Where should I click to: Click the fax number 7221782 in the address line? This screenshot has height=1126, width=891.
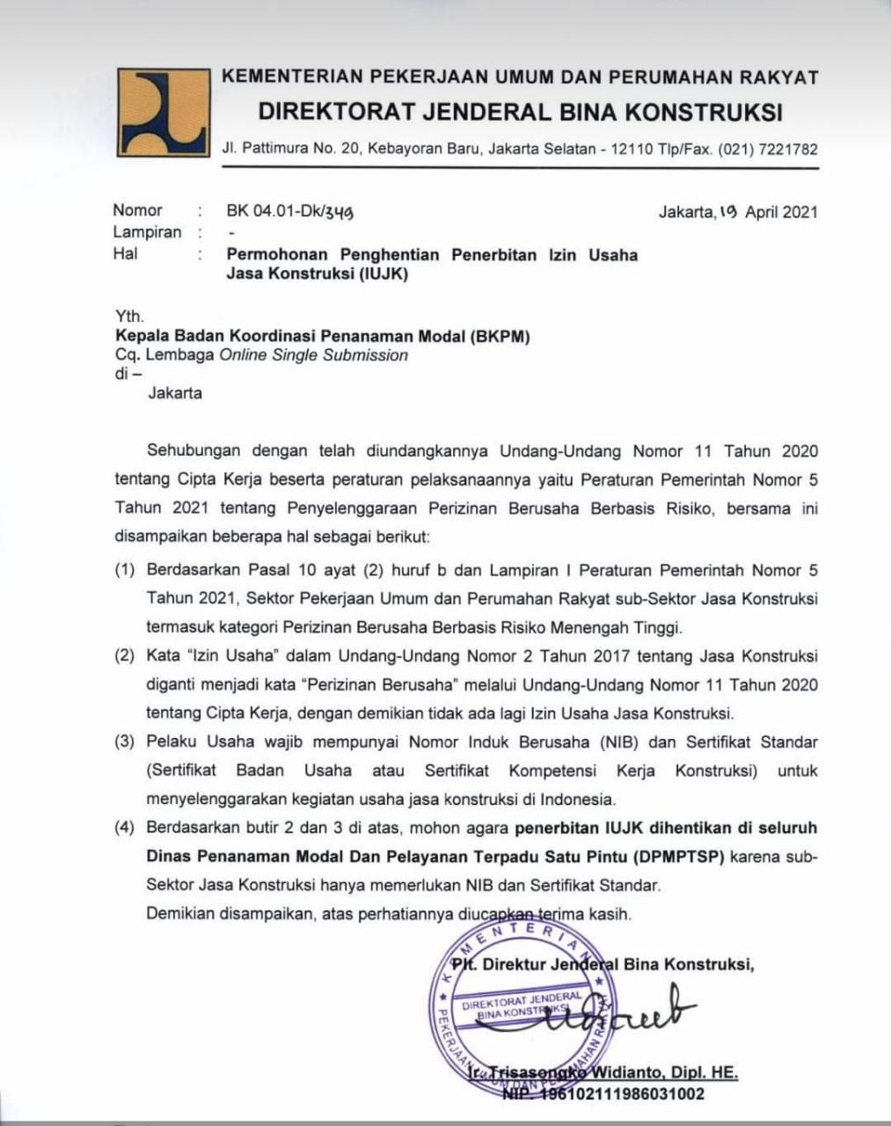[784, 150]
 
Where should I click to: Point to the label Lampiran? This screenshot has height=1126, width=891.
[147, 232]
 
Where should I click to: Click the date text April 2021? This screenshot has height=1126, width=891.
[781, 212]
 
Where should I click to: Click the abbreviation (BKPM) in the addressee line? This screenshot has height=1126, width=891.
[499, 335]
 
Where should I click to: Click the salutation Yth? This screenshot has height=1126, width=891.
[129, 316]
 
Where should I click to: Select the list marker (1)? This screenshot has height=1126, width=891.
[124, 571]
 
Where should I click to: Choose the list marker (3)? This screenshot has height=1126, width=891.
[124, 742]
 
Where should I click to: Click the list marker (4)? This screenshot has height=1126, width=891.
[124, 829]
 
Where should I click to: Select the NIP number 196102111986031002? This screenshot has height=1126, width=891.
[616, 1094]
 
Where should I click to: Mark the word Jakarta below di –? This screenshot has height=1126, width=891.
[174, 393]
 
